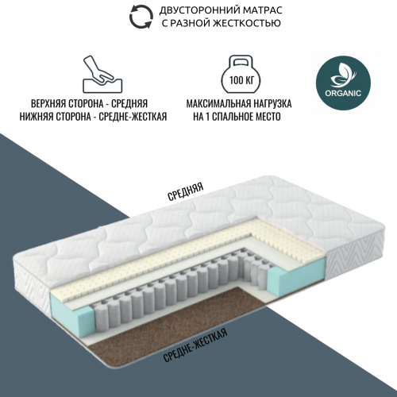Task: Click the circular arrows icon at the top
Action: [x=141, y=17]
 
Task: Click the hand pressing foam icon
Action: [x=102, y=75]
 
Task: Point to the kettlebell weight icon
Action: [x=241, y=74]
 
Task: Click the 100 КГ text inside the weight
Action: [x=241, y=80]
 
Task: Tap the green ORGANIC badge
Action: [x=343, y=83]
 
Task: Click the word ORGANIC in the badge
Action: [x=343, y=93]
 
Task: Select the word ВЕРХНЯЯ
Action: [x=48, y=103]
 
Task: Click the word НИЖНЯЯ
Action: [x=37, y=117]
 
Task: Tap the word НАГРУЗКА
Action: [x=272, y=103]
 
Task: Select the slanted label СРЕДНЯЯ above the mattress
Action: [x=186, y=191]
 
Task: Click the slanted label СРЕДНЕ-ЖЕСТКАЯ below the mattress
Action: [x=195, y=345]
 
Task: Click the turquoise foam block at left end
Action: [x=72, y=316]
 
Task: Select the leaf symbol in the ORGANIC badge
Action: [x=343, y=76]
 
